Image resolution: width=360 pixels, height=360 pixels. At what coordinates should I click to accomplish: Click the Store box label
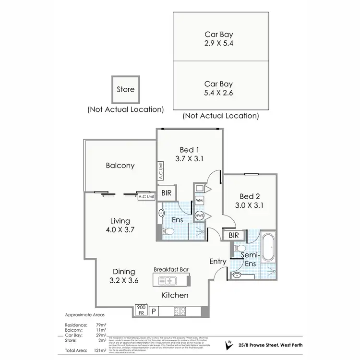point(126,89)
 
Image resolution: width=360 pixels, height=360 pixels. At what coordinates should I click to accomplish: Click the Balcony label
point(120,166)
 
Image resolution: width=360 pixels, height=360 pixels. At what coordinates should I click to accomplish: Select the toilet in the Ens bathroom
point(168,231)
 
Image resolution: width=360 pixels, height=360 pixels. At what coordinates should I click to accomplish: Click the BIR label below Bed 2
point(234,235)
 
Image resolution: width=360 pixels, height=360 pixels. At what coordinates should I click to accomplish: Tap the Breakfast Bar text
point(170,270)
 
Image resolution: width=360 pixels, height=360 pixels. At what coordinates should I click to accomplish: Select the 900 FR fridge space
point(141,310)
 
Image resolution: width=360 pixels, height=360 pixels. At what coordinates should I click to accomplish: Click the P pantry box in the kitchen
point(154,311)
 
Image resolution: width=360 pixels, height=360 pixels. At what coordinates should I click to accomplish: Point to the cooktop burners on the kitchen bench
point(181,310)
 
